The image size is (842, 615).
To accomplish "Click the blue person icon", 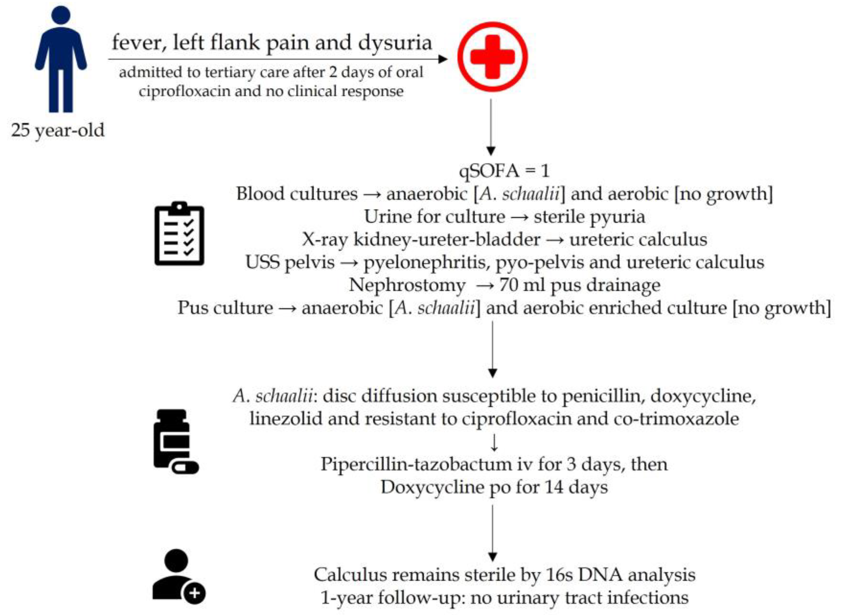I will point(61,60).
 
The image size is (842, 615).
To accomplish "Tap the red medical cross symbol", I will point(492,57).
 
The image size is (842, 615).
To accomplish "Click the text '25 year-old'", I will point(58,130).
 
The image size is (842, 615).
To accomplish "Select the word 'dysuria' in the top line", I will point(395,43).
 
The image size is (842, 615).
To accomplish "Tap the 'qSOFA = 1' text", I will point(504,171).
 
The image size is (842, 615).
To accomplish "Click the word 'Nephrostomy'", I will point(407,285).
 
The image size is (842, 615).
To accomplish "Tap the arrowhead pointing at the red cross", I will point(443,59).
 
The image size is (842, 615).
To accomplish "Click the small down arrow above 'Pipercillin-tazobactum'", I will point(494,443).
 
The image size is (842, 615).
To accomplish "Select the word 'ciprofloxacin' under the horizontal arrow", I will point(184,91).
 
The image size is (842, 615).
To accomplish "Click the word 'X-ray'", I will point(324,240).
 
